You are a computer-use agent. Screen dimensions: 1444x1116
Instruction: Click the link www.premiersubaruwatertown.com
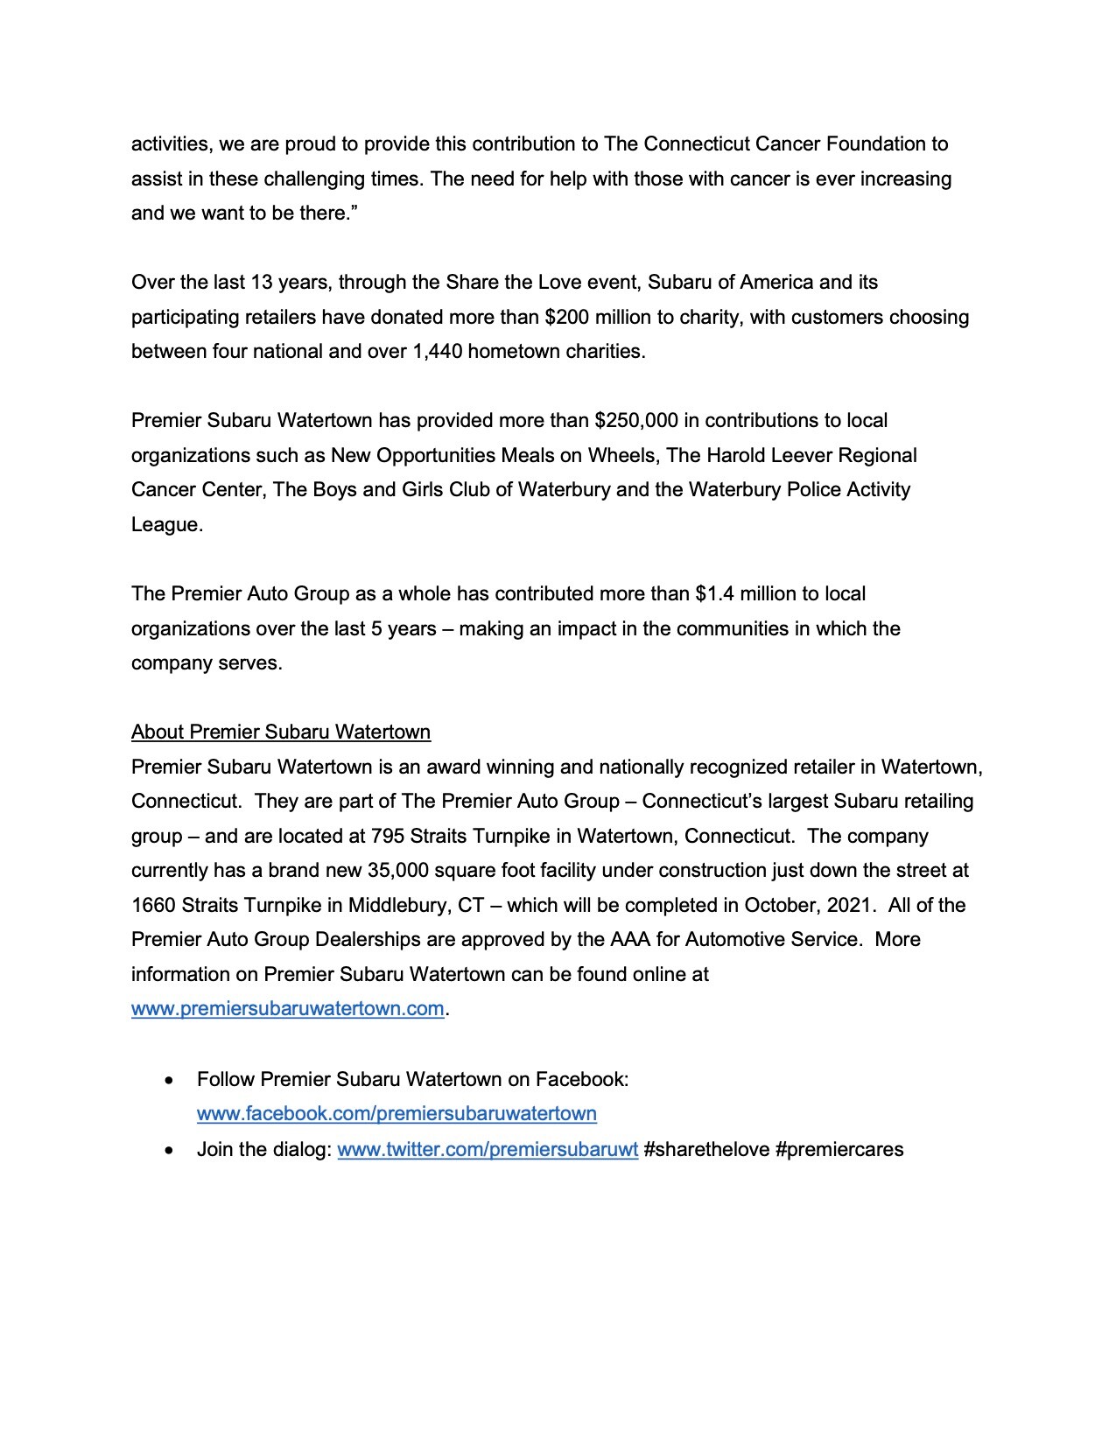tap(287, 1008)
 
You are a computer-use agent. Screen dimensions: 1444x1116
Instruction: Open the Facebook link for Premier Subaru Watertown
tap(397, 1113)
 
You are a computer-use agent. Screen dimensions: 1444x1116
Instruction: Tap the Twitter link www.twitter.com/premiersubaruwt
tap(488, 1149)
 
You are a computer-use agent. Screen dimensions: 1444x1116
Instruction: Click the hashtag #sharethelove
tap(706, 1149)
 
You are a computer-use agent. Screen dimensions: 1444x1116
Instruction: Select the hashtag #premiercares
tap(839, 1149)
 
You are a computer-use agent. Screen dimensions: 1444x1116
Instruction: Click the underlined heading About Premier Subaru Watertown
tap(281, 732)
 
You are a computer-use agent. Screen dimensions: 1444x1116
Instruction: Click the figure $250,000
tap(636, 421)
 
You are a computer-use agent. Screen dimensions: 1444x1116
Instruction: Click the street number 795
tap(388, 836)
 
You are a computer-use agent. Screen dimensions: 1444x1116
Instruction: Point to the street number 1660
tap(154, 905)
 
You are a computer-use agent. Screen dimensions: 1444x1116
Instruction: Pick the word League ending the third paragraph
tap(166, 525)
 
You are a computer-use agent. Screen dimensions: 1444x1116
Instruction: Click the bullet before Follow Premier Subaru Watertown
tap(170, 1081)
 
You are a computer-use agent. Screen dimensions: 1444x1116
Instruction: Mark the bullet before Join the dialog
tap(170, 1150)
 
